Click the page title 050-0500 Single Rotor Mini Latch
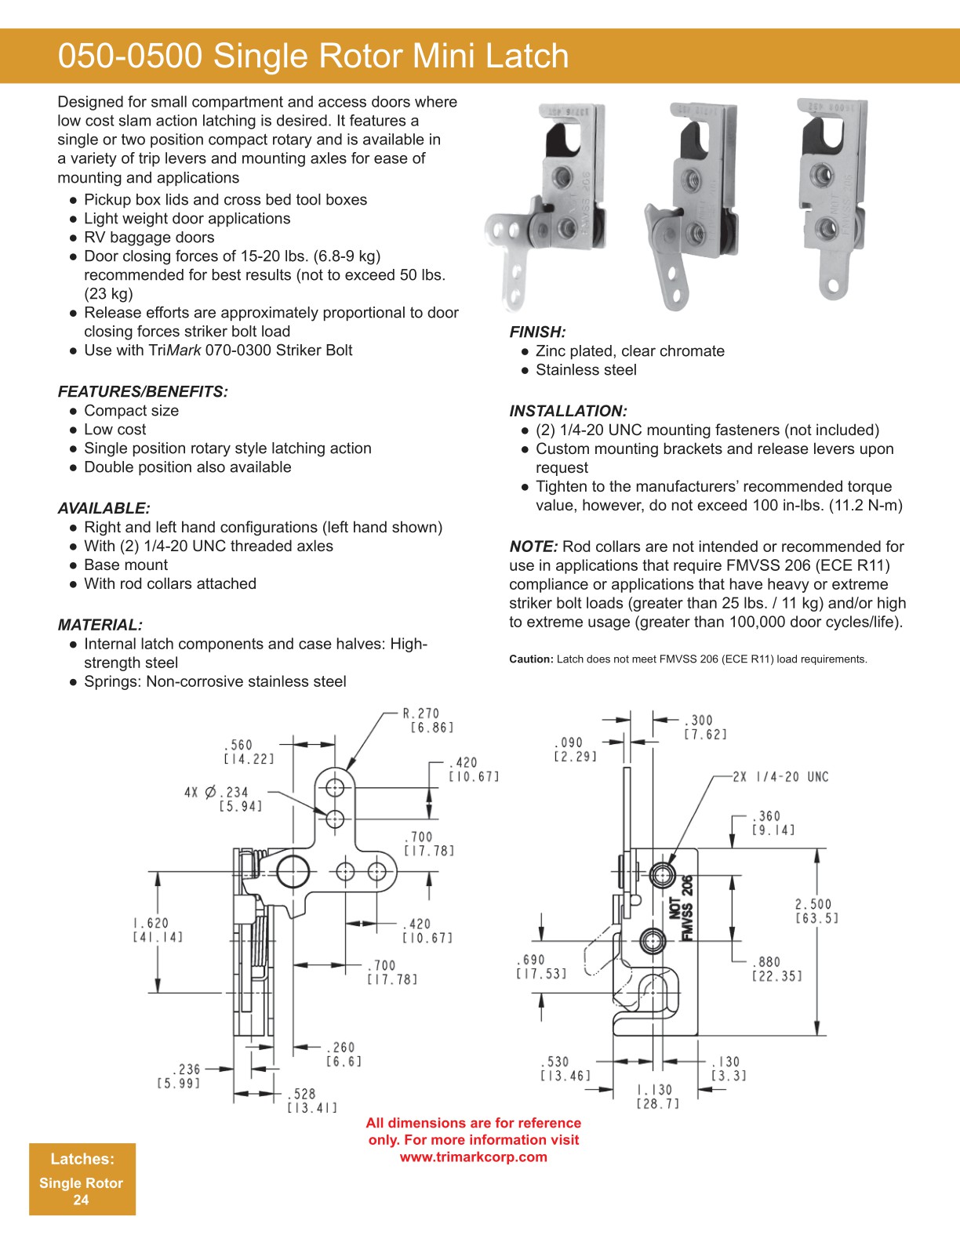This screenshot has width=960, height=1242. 313,56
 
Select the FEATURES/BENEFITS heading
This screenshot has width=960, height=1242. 143,392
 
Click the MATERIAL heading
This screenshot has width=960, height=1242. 100,625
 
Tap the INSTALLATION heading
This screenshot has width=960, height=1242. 568,411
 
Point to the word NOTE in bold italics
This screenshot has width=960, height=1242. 533,547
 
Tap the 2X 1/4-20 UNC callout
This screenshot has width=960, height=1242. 780,777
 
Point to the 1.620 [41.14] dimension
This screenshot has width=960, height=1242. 157,930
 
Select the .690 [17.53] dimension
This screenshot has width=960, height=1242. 541,967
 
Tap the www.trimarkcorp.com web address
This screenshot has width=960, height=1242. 473,1157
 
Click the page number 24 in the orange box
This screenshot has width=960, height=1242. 81,1200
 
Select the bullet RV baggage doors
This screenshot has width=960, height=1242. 149,238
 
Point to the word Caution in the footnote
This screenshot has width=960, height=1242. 531,659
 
